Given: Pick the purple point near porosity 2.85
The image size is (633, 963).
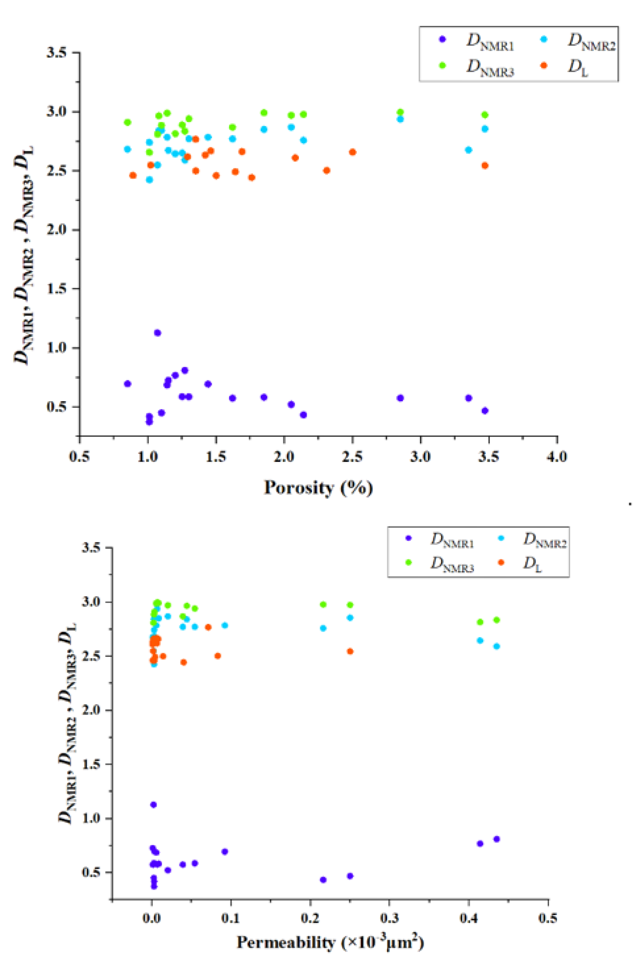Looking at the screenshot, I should pyautogui.click(x=400, y=398).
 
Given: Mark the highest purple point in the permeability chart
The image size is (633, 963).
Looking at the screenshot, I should pyautogui.click(x=153, y=804).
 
